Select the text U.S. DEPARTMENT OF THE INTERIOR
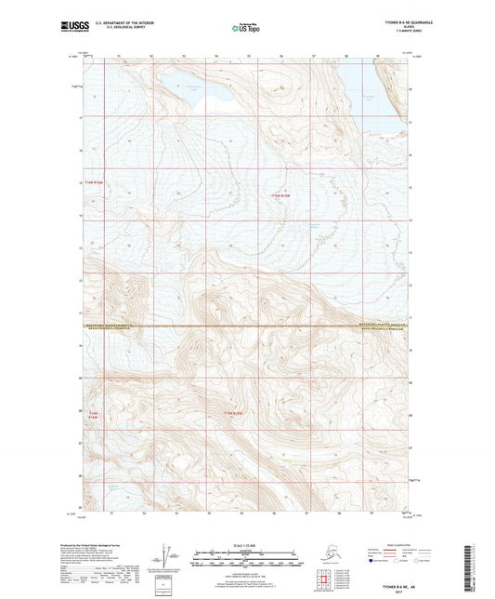click(x=119, y=24)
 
